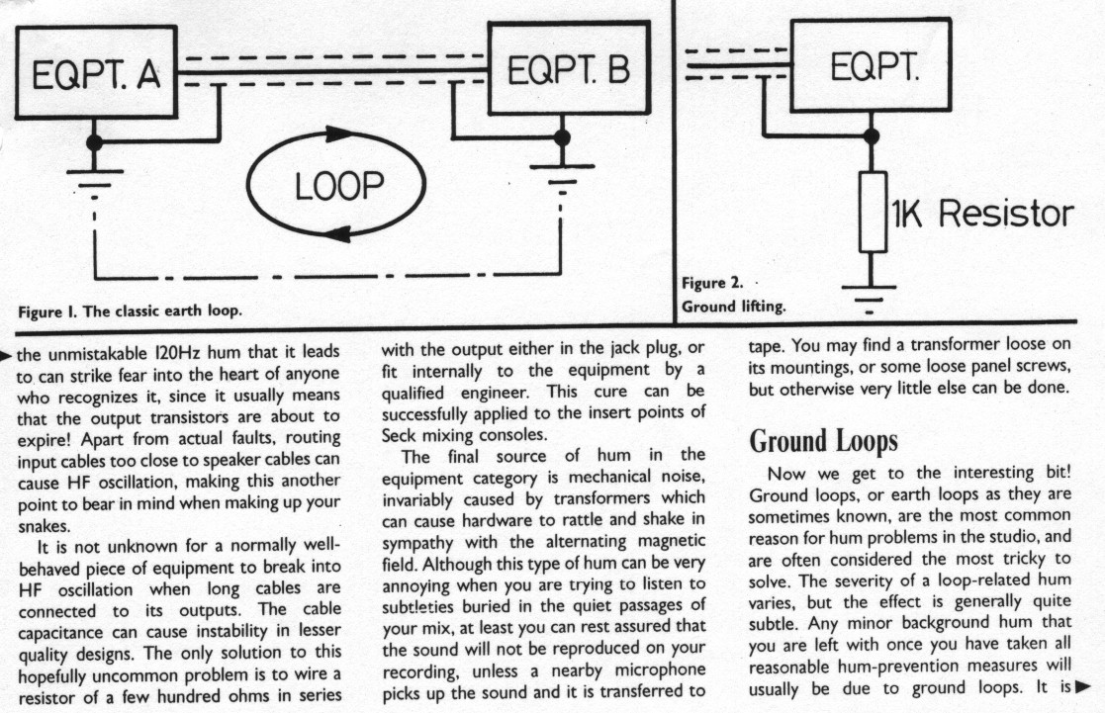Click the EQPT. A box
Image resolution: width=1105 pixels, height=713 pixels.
95,75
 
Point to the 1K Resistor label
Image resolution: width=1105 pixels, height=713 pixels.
982,213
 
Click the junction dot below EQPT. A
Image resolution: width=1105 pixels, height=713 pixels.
94,142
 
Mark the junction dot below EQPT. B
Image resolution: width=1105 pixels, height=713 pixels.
562,137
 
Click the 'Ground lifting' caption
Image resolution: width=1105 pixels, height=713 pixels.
734,307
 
